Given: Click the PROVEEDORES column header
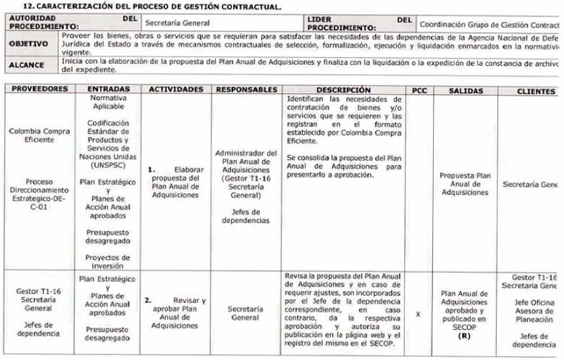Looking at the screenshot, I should pyautogui.click(x=40, y=89).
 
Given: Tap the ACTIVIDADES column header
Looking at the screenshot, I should pyautogui.click(x=176, y=89).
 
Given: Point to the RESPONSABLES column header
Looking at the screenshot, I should pyautogui.click(x=246, y=89).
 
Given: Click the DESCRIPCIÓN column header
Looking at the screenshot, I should pyautogui.click(x=343, y=89).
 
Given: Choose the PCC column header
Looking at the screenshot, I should pyautogui.click(x=419, y=89).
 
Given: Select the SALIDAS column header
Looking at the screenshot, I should pyautogui.click(x=465, y=89).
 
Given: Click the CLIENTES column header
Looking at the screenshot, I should pyautogui.click(x=535, y=89).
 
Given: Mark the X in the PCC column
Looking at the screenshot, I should pyautogui.click(x=419, y=314).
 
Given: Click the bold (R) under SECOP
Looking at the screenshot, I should pyautogui.click(x=463, y=335).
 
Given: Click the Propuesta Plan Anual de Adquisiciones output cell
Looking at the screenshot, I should pyautogui.click(x=465, y=183).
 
